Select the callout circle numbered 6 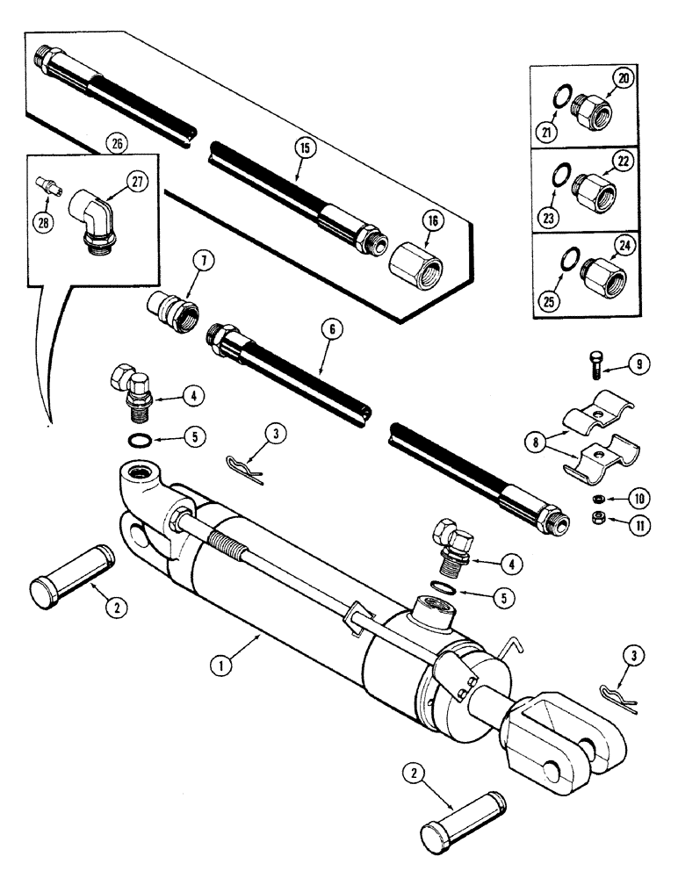click(x=332, y=329)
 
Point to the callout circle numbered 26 click(x=112, y=140)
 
